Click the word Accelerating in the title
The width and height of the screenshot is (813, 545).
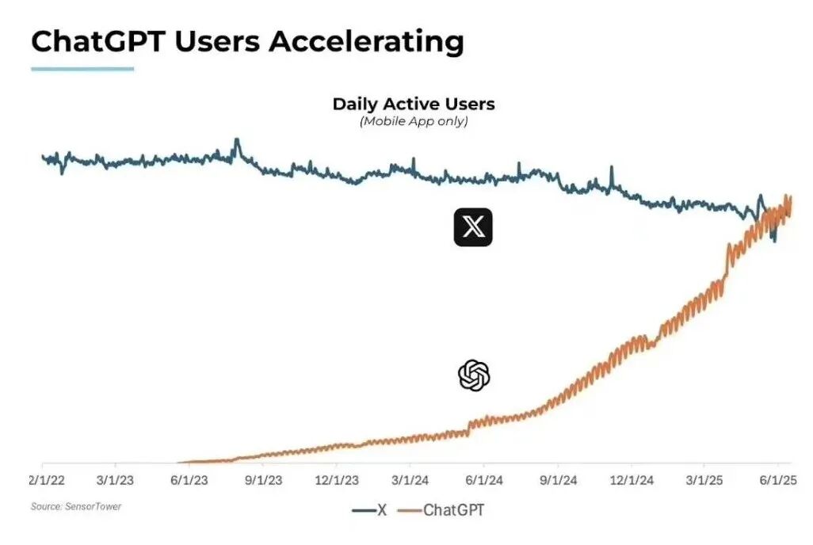365,41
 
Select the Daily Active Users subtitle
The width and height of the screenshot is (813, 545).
413,104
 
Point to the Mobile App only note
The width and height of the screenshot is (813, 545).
413,121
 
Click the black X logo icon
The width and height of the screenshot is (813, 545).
473,227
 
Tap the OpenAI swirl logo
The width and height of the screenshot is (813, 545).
474,375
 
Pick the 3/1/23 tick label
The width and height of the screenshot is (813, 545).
116,480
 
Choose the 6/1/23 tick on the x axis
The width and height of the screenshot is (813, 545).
189,480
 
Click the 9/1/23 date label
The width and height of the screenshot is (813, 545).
262,480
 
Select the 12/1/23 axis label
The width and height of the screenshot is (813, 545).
336,480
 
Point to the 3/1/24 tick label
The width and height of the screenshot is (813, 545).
410,480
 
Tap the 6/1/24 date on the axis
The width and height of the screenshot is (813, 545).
483,480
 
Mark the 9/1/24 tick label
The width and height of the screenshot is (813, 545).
558,480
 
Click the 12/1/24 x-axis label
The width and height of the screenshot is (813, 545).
631,480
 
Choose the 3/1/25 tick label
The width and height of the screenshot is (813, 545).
704,480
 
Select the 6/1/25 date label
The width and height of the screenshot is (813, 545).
777,480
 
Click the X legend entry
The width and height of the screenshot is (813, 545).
370,510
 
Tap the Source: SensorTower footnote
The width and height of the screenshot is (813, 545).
76,506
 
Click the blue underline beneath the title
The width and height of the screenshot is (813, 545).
82,69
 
